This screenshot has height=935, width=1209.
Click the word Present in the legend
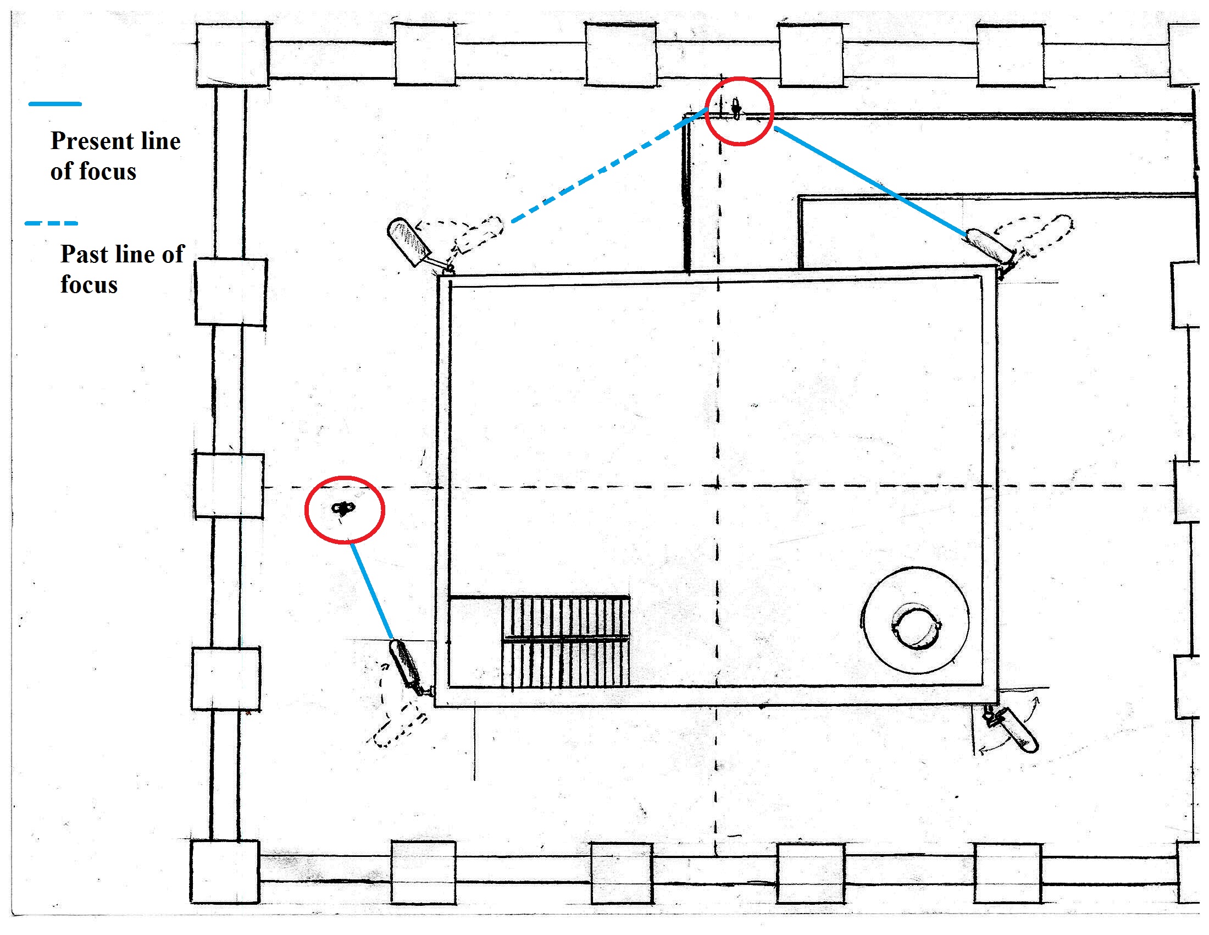(93, 141)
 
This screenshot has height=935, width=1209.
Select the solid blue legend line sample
(56, 103)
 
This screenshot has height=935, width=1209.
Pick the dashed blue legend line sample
(52, 223)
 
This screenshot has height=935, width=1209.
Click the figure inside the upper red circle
(736, 108)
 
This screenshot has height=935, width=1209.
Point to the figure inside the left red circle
(343, 508)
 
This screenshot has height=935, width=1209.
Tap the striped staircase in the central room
(565, 641)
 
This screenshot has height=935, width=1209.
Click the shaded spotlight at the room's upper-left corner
(408, 241)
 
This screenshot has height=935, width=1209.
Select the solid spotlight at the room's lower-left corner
(406, 665)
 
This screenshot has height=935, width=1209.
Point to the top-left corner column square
(232, 55)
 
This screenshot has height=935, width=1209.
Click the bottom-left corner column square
(225, 872)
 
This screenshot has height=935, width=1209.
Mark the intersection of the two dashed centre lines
(717, 486)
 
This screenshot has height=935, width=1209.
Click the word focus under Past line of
(89, 285)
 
